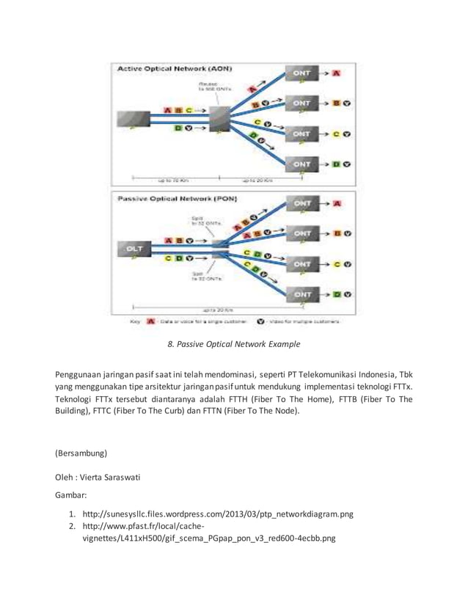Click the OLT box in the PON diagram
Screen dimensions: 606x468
136,249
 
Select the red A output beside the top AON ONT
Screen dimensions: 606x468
337,74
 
